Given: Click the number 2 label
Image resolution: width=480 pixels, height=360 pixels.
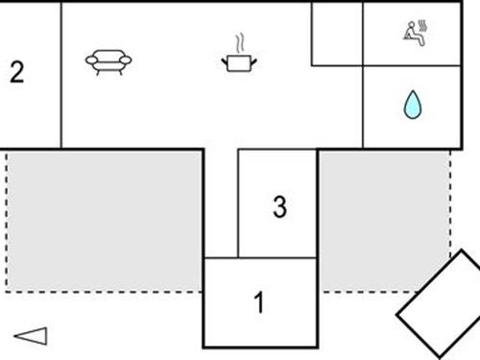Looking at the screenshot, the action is (16, 73).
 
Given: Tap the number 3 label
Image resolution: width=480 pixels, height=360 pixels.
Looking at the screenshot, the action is (279, 206).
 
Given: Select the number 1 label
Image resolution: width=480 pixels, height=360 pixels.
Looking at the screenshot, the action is (258, 303).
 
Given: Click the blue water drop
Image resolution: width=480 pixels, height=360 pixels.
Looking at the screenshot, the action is (412, 106).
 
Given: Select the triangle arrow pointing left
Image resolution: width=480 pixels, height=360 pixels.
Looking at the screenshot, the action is (31, 335).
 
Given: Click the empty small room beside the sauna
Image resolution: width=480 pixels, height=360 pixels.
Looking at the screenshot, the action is (337, 34).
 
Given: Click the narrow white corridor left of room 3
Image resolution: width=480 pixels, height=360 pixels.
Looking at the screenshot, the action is (220, 202).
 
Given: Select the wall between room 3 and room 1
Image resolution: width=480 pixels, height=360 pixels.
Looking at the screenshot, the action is (277, 257).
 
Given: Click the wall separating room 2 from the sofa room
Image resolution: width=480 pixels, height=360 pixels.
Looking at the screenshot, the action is (61, 75).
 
